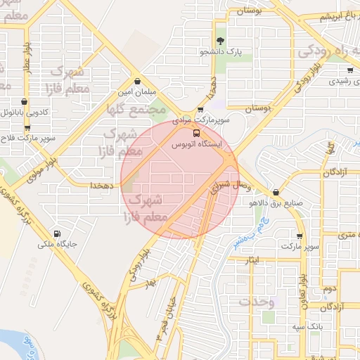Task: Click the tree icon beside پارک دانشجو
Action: click(x=221, y=41)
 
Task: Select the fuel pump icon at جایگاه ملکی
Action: click(x=56, y=234)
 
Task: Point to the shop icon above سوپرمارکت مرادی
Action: click(x=201, y=110)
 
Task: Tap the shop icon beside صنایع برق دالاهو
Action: click(x=275, y=191)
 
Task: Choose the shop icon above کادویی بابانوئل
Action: click(x=25, y=101)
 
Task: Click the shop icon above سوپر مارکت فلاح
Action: click(x=28, y=128)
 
